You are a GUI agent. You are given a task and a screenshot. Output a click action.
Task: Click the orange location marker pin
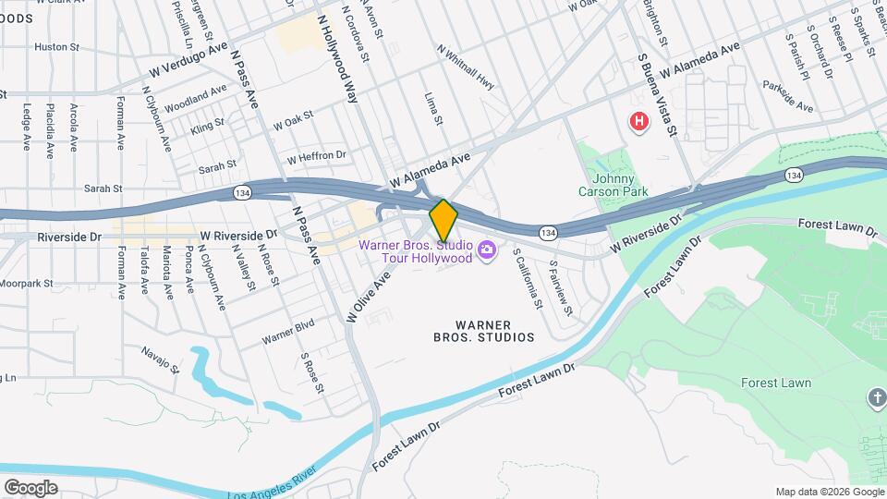(443, 220)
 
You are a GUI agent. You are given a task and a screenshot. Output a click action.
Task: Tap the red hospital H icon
(638, 121)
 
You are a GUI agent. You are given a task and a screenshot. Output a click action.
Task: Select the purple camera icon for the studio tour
(487, 249)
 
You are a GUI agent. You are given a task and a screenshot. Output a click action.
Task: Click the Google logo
(30, 487)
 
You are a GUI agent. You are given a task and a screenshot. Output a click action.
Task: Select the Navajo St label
(160, 359)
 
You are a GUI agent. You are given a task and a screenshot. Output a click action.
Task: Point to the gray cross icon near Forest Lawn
(876, 398)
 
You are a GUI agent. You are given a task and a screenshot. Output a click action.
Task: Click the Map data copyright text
(830, 491)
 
